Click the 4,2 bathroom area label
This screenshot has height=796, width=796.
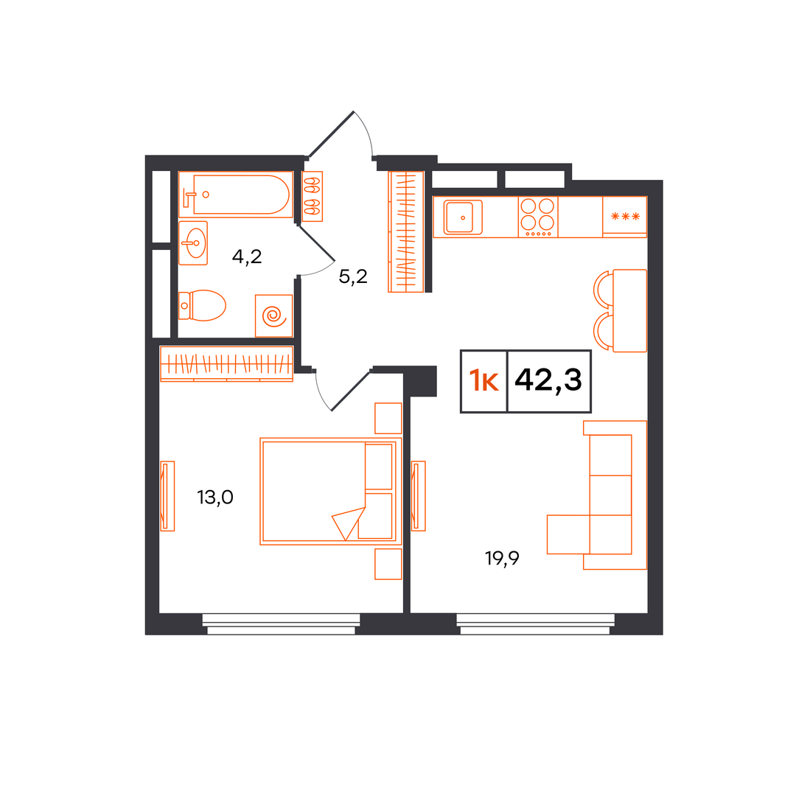[247, 257]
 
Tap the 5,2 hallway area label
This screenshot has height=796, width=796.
[353, 276]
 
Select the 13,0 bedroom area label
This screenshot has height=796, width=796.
[215, 497]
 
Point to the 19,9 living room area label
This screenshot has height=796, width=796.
[502, 559]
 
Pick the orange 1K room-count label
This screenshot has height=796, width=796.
[483, 381]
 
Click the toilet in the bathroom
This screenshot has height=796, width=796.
[202, 306]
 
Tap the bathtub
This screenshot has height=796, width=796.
[236, 195]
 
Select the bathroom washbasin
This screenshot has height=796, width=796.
[193, 243]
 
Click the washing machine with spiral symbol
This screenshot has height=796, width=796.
[273, 315]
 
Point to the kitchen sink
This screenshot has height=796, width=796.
[462, 217]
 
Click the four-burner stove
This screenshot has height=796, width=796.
[537, 217]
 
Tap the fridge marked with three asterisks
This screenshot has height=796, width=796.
[625, 217]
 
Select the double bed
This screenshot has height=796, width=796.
[331, 492]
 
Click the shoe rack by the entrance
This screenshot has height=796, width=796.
[313, 197]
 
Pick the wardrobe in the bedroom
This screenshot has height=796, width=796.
[226, 363]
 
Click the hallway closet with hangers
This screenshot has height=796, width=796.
[405, 232]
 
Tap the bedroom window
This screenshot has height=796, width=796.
[282, 624]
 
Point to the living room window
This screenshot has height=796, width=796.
[535, 624]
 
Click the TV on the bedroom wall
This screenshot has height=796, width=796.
[167, 496]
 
